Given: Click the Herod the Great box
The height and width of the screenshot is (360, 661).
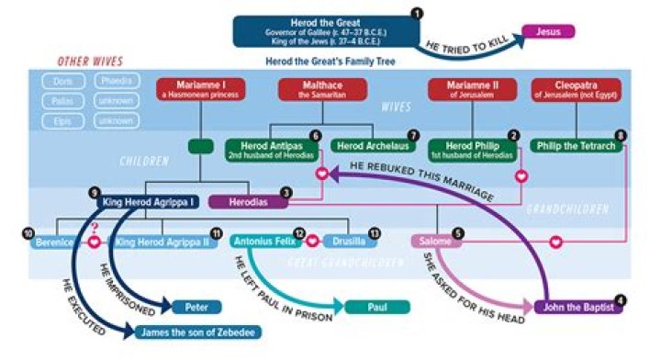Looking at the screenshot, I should click(x=326, y=28).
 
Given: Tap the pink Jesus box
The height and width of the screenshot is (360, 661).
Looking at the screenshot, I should click(x=549, y=32).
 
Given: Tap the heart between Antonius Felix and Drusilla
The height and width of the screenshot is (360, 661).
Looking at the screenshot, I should click(x=311, y=242).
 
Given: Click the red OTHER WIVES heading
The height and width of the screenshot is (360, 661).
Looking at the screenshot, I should click(x=90, y=62).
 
